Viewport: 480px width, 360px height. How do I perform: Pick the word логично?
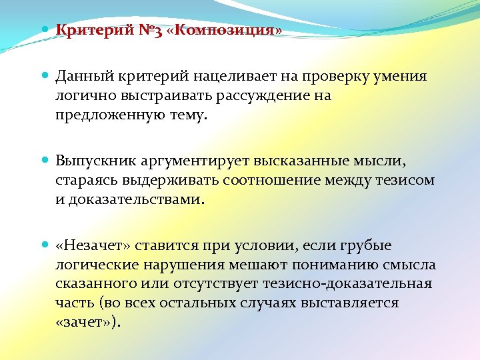click(x=84, y=95)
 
